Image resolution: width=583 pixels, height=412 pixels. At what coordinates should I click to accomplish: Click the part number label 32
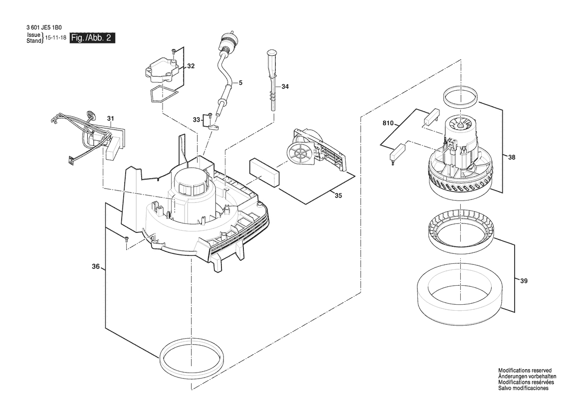coord(191,66)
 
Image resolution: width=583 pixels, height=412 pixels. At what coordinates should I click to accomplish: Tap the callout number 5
coord(240,82)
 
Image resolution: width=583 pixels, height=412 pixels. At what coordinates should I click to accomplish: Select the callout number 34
coord(285,87)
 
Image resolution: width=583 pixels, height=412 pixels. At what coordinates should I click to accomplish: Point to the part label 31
coord(110,119)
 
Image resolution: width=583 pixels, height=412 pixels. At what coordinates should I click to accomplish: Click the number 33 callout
coord(196,120)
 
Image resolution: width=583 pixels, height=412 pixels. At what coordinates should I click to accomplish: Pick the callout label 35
coord(338,196)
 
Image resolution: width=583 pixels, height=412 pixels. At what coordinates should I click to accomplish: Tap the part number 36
coord(96,266)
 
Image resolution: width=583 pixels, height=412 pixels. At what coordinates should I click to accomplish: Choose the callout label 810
coord(388,123)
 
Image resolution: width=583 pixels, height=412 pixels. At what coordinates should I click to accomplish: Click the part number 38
coord(512,157)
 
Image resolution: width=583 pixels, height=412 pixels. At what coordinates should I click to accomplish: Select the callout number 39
coord(524,281)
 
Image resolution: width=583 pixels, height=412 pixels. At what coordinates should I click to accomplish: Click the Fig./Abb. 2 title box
coord(92,38)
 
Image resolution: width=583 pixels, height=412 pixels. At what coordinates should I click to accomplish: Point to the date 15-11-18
coord(55,38)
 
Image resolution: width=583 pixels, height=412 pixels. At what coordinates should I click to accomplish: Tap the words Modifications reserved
coord(525,371)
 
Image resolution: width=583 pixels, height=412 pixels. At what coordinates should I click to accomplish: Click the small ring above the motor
coord(461,98)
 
